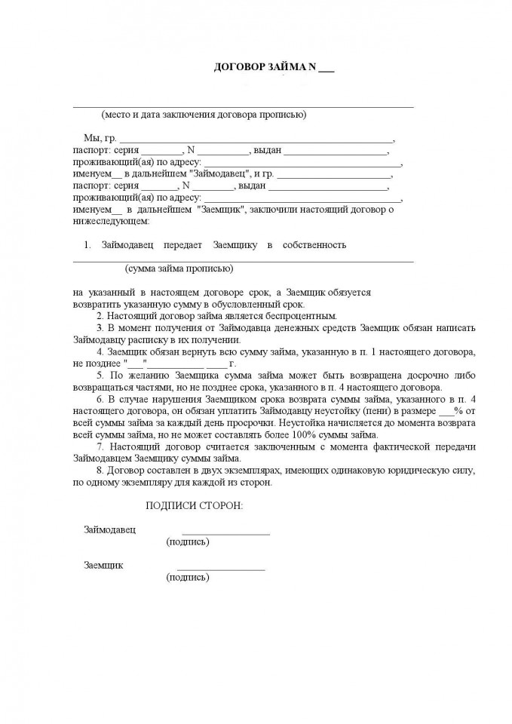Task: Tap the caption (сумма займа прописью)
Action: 179,268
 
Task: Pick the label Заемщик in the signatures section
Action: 104,566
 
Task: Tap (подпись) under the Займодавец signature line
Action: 188,542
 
